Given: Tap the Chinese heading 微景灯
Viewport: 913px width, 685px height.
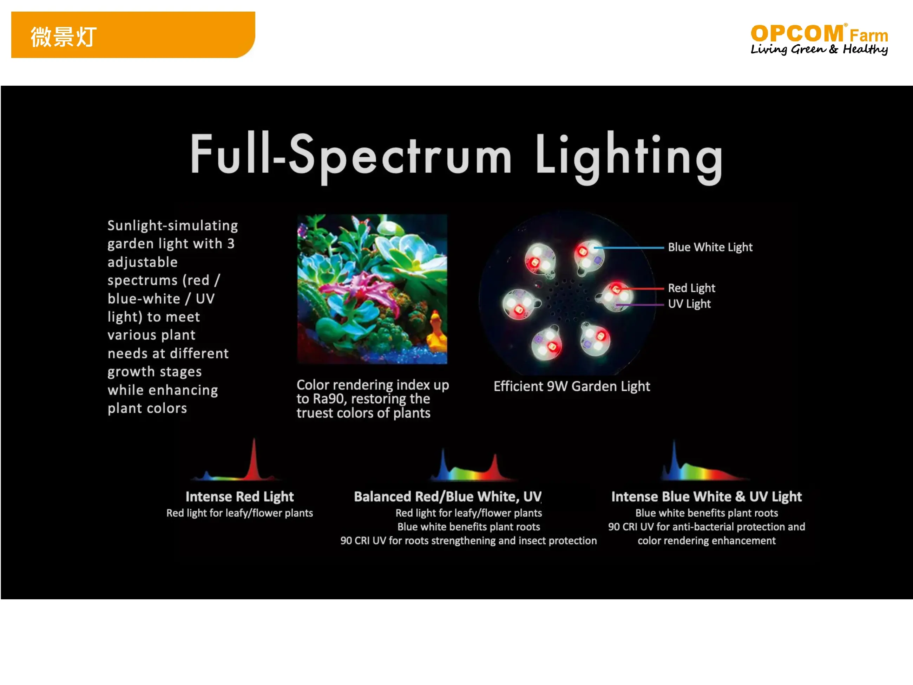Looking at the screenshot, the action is click(64, 37).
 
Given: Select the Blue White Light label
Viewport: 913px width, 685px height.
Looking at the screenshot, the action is click(710, 247).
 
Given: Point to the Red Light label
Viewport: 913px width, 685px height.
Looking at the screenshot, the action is click(691, 288).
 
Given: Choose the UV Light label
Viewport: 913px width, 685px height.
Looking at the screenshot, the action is click(689, 304).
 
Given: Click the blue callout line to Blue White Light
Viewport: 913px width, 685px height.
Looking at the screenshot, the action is click(629, 248).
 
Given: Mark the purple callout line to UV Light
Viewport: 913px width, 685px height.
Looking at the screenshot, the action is click(640, 305).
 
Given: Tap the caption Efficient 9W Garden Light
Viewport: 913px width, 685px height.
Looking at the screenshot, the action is click(572, 386).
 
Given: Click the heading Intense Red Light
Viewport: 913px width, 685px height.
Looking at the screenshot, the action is click(239, 496).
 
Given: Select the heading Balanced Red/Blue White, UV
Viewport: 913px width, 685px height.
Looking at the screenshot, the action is click(447, 496).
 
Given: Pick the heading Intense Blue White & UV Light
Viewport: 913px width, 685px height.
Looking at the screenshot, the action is click(706, 496).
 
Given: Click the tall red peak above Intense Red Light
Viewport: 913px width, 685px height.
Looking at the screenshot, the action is click(254, 458).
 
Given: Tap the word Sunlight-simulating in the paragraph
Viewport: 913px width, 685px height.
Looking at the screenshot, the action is click(172, 226).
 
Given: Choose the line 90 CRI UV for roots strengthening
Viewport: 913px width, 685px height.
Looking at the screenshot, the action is click(468, 541).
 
